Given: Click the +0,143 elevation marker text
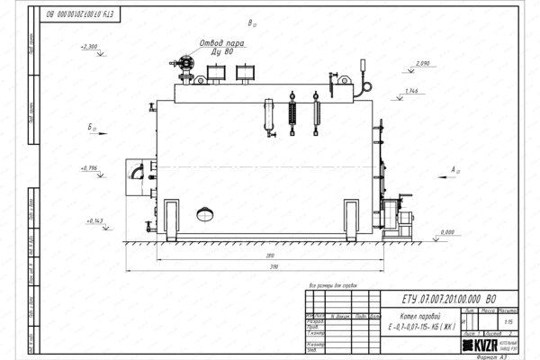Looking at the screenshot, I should pos(94,220).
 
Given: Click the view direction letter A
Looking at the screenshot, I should pos(455,168).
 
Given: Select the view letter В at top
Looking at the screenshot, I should pos(250,22).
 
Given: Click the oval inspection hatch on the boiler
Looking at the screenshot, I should pos(205,214).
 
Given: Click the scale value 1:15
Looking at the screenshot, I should pos(509,320).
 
